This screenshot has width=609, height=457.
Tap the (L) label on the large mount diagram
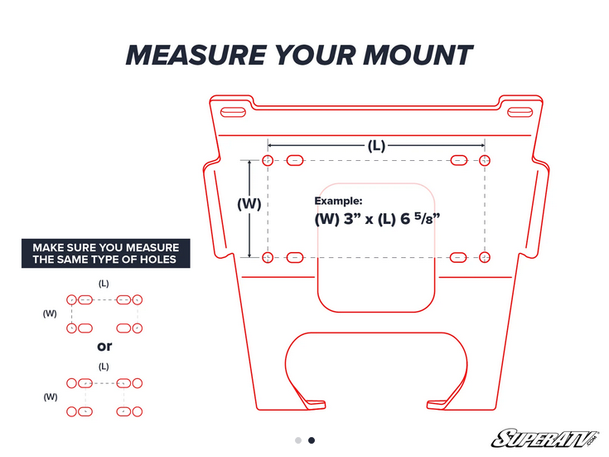pos(376,145)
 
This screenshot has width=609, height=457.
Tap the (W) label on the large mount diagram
pos(249,203)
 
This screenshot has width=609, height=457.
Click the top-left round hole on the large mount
pos(268,160)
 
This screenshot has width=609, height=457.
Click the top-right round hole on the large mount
pos(485,160)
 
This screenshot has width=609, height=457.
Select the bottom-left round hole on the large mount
pos(268,257)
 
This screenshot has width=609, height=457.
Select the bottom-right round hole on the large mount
pos(485,257)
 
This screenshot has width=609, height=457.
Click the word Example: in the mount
pos(338,201)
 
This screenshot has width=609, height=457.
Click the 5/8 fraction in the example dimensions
pos(426,219)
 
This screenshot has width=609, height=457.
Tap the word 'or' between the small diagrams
pos(104,346)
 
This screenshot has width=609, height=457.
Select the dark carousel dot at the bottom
pos(312,440)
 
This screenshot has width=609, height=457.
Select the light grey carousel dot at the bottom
pos(298,440)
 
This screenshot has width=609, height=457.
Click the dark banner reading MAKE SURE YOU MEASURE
pos(105,253)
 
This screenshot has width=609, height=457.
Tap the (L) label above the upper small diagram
pos(104,283)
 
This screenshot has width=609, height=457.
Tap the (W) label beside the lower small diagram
pos(51,396)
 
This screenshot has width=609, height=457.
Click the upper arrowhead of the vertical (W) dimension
pos(249,163)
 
